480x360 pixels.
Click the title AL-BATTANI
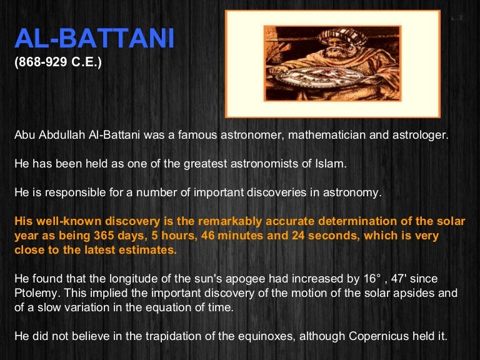[x=94, y=39]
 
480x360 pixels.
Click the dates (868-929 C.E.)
[x=58, y=64]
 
